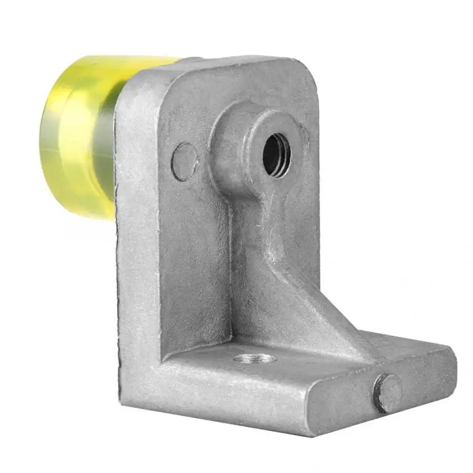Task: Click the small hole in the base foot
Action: pos(253,359)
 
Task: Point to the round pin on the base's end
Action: pos(388,393)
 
